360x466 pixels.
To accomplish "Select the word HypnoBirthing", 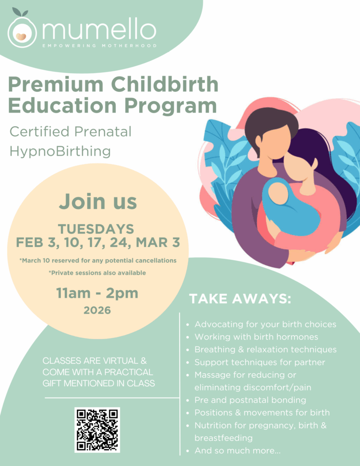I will (x=60, y=151).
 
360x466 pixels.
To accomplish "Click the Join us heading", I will (x=97, y=201).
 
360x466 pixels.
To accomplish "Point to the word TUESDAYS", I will (x=96, y=229).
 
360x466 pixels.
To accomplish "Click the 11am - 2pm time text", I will (x=97, y=293).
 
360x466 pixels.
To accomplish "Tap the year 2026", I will (x=97, y=310).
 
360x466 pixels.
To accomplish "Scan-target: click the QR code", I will (x=97, y=429).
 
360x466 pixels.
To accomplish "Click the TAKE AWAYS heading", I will (x=240, y=299).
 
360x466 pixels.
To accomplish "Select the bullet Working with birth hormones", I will (x=256, y=337).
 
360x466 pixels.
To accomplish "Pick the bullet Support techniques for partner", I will (x=260, y=362).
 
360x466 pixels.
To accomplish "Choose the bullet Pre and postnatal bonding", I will (x=250, y=400).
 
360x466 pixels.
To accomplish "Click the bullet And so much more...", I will (x=238, y=451).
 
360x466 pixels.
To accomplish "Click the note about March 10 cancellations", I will (x=97, y=260).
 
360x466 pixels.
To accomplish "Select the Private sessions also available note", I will (x=97, y=273).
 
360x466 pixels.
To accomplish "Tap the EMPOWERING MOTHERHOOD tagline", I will (x=99, y=45).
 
